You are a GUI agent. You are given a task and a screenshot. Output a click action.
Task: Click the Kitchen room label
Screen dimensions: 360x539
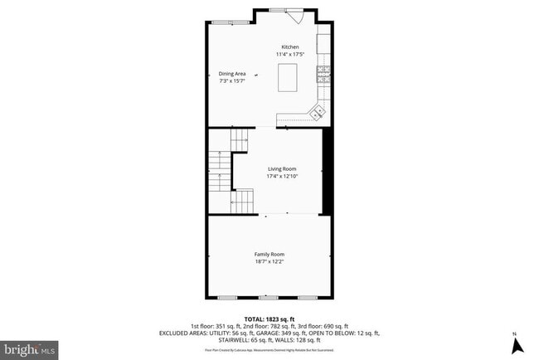click(x=290, y=46)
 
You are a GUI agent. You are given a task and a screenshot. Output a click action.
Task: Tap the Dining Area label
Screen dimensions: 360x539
click(x=232, y=74)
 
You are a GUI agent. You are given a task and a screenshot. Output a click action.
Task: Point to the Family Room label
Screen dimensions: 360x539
click(x=269, y=254)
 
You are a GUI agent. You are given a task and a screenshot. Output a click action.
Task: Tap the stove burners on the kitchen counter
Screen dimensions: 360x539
click(x=324, y=72)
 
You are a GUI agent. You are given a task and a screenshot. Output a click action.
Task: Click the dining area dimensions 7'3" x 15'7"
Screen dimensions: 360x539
click(x=232, y=80)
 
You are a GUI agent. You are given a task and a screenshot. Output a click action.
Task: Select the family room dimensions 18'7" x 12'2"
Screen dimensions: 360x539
click(x=269, y=261)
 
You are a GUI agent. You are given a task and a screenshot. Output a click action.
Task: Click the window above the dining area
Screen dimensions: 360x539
click(x=222, y=22)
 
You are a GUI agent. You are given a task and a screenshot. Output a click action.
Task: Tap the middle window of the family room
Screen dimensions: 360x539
click(x=269, y=297)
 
